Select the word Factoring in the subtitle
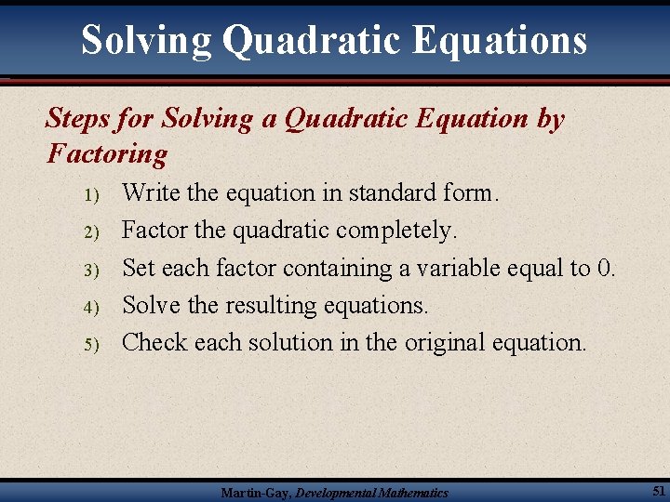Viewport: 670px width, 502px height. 107,153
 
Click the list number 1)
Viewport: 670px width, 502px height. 90,195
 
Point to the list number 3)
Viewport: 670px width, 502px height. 90,271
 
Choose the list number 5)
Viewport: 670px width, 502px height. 90,345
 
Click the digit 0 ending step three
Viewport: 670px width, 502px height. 607,269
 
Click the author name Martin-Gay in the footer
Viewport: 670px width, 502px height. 255,493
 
